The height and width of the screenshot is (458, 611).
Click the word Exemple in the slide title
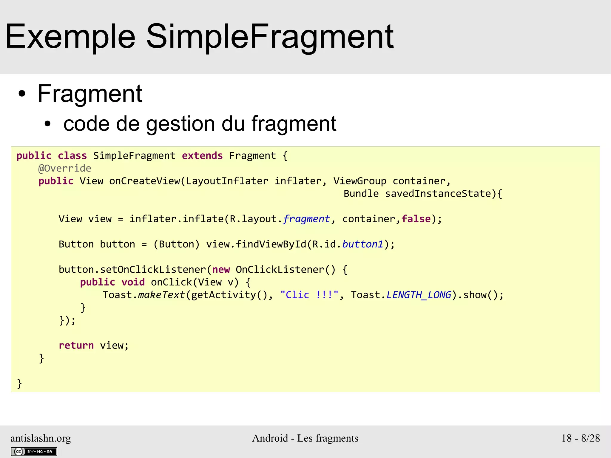[70, 37]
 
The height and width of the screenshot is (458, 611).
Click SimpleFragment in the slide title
[270, 37]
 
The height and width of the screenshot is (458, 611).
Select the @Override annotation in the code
[65, 169]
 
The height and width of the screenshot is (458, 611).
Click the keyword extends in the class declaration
[202, 156]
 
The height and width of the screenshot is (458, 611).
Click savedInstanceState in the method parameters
[438, 194]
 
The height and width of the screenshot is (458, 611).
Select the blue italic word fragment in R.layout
[306, 219]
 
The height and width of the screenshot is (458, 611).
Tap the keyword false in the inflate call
[416, 219]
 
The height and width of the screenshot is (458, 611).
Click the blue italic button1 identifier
[362, 244]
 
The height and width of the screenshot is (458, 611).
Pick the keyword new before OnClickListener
[221, 270]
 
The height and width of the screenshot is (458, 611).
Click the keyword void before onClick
[133, 282]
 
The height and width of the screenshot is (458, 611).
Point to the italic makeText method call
[161, 295]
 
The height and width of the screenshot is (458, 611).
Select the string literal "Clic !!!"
[309, 295]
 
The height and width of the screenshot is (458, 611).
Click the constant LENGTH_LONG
[419, 295]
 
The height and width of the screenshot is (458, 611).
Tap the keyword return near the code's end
[76, 346]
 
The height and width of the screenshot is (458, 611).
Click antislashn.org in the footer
[41, 438]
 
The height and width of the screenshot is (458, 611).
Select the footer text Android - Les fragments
[305, 438]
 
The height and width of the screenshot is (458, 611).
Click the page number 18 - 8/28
[580, 438]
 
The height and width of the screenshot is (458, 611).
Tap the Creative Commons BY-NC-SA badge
[34, 451]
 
